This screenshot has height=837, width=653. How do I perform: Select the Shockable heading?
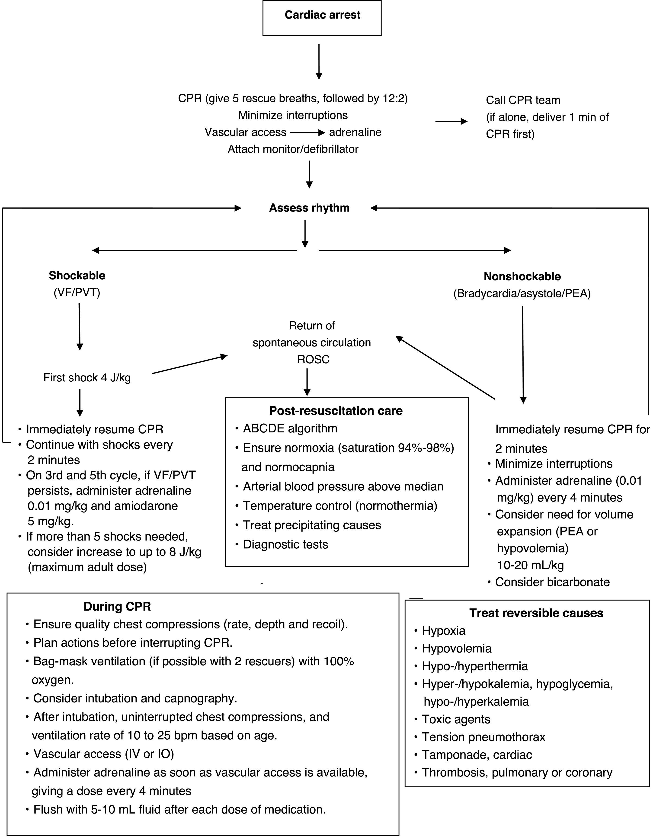(77, 276)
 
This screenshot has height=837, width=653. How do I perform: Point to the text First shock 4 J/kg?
(87, 378)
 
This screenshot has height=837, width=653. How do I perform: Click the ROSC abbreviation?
(313, 360)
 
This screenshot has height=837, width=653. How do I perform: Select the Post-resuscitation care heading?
(336, 411)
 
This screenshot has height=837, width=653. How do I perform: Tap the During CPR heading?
(117, 607)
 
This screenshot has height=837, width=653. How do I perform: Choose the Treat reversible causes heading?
(536, 613)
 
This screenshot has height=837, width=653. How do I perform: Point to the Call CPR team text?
(523, 100)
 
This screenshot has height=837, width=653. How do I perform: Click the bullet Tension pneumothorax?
(483, 737)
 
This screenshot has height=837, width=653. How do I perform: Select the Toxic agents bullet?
(456, 719)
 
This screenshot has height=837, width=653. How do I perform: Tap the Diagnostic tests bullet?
(285, 545)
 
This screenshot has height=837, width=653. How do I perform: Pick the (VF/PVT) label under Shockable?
(77, 293)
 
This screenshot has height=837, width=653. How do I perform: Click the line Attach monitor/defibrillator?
(293, 149)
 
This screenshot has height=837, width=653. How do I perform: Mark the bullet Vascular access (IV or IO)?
(103, 754)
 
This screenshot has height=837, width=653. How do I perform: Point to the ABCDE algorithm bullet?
(290, 428)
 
